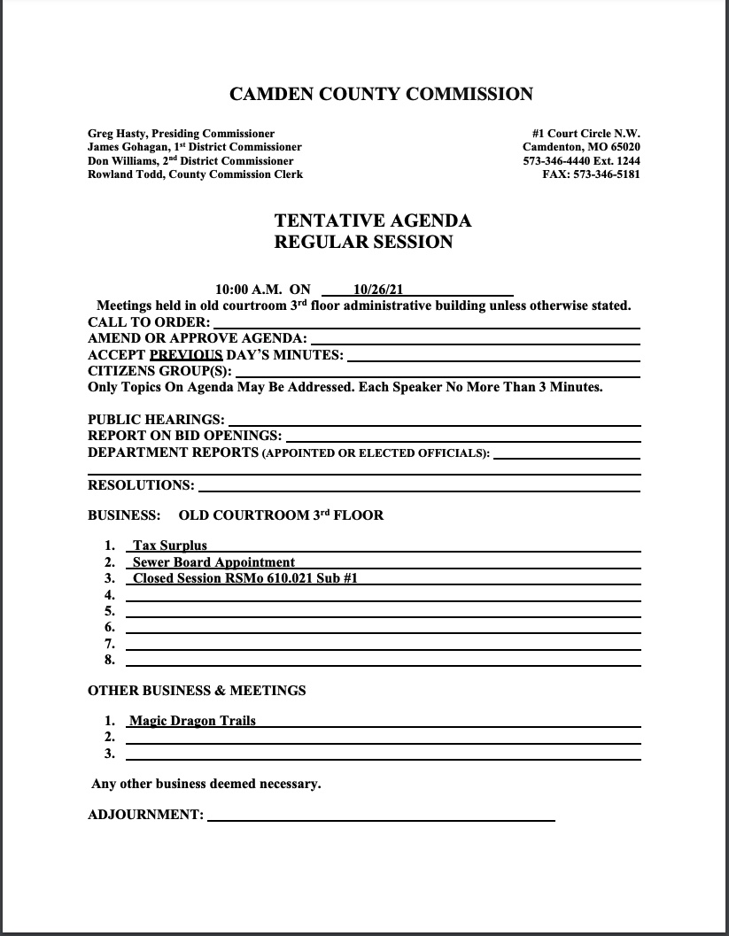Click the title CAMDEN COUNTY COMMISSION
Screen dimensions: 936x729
point(381,94)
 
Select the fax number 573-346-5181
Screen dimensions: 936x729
point(607,174)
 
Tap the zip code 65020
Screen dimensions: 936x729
point(623,147)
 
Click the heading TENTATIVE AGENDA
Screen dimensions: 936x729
point(372,220)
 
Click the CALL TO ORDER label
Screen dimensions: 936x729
point(149,322)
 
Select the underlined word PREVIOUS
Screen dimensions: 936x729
point(186,355)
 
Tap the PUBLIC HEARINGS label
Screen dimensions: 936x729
point(156,420)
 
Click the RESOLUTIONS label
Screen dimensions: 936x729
point(141,485)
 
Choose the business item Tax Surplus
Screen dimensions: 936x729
point(169,545)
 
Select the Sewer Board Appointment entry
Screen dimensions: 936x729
point(213,562)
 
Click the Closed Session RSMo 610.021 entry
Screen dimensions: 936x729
point(244,578)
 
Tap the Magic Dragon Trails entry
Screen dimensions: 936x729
point(192,721)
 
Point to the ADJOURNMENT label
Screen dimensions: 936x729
point(145,815)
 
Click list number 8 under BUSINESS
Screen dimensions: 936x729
point(110,660)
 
